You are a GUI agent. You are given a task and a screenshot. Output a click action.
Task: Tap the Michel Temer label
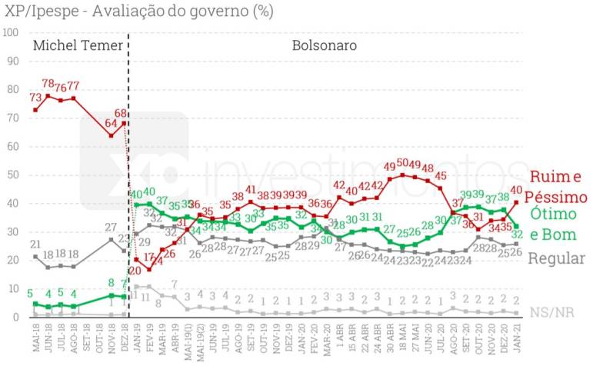point(78,45)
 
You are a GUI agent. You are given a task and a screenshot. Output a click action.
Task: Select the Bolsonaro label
point(324,45)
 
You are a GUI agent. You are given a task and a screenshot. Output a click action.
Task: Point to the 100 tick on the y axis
point(10,32)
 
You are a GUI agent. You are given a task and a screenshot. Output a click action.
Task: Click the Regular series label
point(558,258)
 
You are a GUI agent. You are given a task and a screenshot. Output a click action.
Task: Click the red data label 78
point(48,84)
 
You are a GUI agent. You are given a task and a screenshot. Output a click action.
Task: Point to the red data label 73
point(35,98)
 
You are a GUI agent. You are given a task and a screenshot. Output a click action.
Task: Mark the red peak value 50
point(402,164)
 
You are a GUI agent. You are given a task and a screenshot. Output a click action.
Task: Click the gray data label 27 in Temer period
point(112,228)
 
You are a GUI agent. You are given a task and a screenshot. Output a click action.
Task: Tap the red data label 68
point(122,114)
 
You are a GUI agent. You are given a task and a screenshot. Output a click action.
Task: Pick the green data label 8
point(112,283)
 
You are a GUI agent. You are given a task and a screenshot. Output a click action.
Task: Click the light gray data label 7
point(175,284)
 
